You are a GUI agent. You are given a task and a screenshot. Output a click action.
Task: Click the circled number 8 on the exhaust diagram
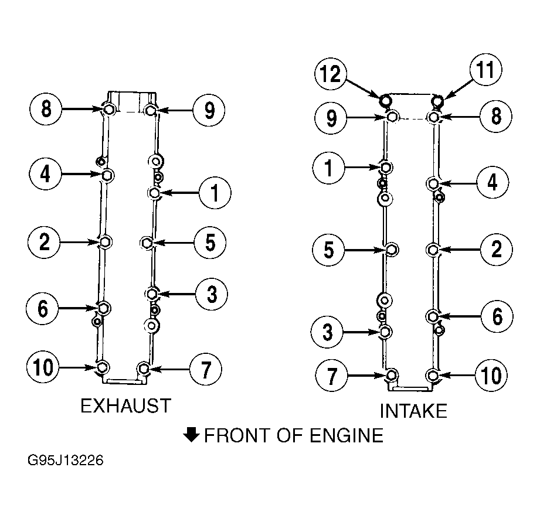coord(46,109)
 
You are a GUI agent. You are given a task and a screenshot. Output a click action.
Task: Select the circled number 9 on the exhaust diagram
coord(209,110)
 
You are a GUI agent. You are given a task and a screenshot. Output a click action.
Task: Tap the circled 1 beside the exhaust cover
coord(215,193)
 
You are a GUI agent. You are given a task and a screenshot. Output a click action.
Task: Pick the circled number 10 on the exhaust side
coord(43,367)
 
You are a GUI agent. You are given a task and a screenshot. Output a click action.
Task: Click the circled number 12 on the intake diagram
coord(331,74)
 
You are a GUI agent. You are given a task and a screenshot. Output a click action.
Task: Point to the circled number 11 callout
coord(485,70)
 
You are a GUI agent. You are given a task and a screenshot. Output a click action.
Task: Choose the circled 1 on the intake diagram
coord(328,168)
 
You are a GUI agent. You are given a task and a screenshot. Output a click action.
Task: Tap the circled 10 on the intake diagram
coord(491,376)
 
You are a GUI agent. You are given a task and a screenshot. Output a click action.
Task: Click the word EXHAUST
coord(125,405)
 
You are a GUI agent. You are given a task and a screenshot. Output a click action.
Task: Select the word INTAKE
coord(413,411)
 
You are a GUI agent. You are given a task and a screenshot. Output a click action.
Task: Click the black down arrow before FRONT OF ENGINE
coord(191,435)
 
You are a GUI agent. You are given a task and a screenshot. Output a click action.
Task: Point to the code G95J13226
coord(66,460)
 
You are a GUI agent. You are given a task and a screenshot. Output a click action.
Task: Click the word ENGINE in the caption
coord(347,435)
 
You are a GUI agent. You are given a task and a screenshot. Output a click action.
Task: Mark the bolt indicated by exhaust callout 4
coord(107,175)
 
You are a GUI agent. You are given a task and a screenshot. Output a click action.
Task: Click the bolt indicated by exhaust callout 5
coord(147,243)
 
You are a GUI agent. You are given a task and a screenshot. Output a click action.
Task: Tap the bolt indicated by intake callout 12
coord(385,100)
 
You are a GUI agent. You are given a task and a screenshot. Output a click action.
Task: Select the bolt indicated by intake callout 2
coord(433,250)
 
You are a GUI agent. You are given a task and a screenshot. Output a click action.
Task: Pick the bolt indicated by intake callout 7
coord(392,375)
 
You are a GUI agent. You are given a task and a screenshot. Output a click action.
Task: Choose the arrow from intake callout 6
coord(460,316)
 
